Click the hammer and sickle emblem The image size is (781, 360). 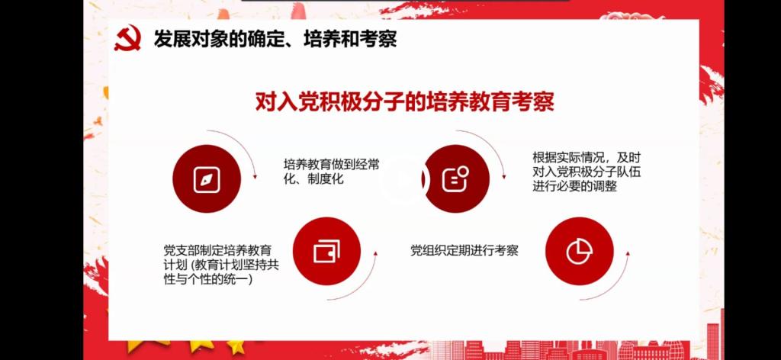pyautogui.click(x=127, y=39)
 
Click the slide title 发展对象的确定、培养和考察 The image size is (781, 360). pyautogui.click(x=275, y=39)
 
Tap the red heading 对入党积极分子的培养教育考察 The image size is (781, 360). pyautogui.click(x=404, y=102)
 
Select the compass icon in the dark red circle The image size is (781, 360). pyautogui.click(x=207, y=178)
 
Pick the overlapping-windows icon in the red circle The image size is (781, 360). pyautogui.click(x=326, y=251)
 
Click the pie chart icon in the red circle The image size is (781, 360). pyautogui.click(x=580, y=251)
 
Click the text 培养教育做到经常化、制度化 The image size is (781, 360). pyautogui.click(x=332, y=172)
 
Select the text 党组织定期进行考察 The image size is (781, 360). pyautogui.click(x=464, y=250)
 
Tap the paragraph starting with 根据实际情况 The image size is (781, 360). pyautogui.click(x=587, y=172)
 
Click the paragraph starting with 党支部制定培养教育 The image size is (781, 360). pyautogui.click(x=221, y=265)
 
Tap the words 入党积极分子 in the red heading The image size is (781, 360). pyautogui.click(x=343, y=102)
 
